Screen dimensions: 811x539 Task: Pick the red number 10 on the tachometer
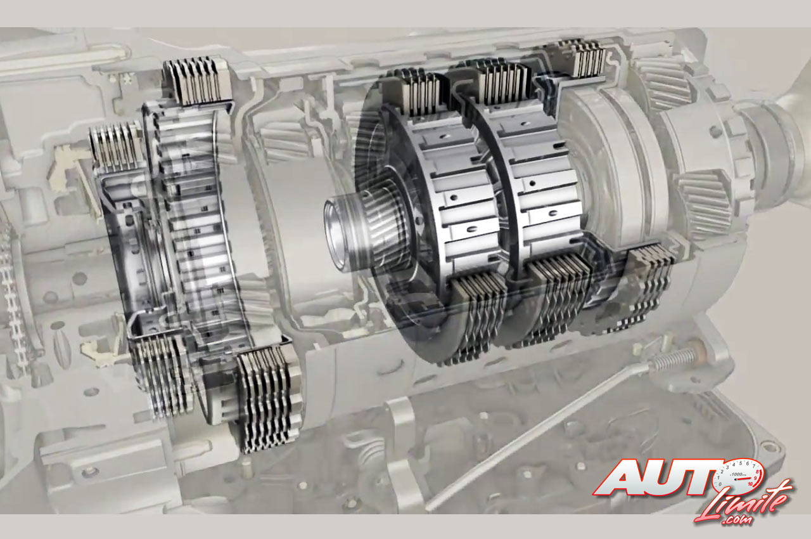coord(750,484)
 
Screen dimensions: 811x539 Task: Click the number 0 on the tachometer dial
coord(720,484)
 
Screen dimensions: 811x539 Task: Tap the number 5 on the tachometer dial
coord(741,463)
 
